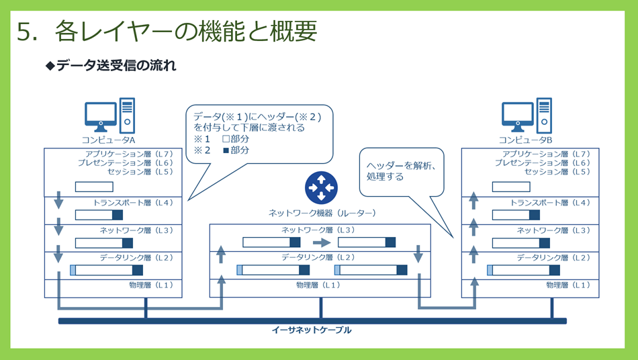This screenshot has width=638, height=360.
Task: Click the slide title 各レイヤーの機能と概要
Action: tap(186, 31)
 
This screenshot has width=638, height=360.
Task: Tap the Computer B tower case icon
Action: tap(545, 116)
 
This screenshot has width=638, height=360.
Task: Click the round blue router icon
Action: tap(321, 187)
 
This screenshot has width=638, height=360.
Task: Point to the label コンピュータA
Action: tap(108, 140)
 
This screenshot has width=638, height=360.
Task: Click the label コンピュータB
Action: tap(525, 140)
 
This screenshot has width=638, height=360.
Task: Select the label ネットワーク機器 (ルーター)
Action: tap(322, 213)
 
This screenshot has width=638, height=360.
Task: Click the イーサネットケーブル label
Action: tap(312, 330)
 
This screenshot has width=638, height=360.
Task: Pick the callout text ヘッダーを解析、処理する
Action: tap(401, 171)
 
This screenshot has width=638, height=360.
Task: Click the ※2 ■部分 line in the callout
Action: tap(222, 150)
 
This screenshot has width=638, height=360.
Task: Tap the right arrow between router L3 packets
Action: tap(322, 243)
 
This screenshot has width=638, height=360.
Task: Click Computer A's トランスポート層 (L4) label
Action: tap(133, 203)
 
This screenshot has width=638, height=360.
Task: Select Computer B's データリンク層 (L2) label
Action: tap(553, 257)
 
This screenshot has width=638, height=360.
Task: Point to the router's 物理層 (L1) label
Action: tap(318, 285)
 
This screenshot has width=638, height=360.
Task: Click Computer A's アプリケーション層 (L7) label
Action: tap(129, 154)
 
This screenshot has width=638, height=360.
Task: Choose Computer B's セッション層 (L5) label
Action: tap(557, 172)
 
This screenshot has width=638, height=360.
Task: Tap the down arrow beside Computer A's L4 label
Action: tap(58, 199)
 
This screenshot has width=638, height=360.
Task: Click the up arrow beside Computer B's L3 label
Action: tap(473, 227)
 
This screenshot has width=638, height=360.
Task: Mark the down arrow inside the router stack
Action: tap(418, 254)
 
